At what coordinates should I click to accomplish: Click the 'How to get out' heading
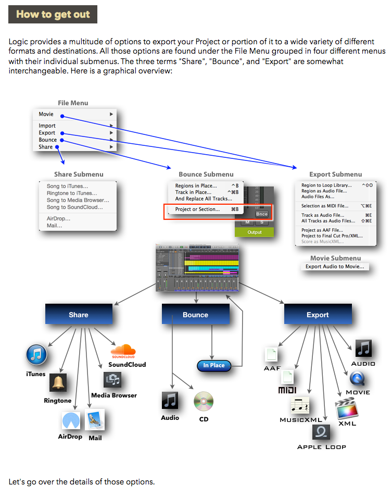53,15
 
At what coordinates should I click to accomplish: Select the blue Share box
79,315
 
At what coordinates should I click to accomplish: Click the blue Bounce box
195,315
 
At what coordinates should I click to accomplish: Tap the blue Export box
318,315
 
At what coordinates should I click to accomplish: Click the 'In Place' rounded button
214,365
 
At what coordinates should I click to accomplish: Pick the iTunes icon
36,355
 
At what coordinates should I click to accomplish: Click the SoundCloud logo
123,351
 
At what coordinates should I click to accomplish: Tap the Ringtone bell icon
58,383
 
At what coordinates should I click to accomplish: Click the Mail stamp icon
95,420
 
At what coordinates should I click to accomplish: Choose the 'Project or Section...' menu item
197,209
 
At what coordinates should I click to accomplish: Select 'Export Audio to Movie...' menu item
335,267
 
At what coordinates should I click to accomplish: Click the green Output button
255,232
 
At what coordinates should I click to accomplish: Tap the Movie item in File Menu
46,114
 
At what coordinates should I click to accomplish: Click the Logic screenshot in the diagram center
197,267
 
